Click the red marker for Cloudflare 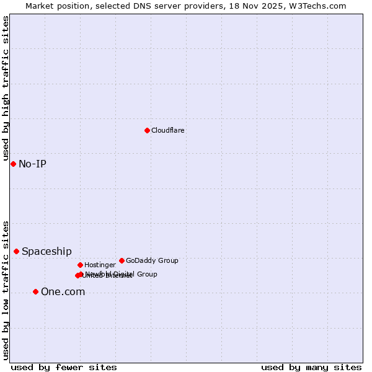tap(147, 130)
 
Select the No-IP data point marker tap(13, 164)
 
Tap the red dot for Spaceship tap(16, 251)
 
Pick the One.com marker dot tap(35, 291)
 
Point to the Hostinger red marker tap(80, 265)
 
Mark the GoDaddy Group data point tap(122, 260)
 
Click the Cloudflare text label tap(167, 130)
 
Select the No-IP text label tap(32, 164)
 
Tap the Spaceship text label tap(46, 251)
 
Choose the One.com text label tap(63, 291)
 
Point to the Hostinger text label tap(100, 265)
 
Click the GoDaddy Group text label tap(152, 260)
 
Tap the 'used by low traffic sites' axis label tap(6, 290)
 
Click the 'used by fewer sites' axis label tap(64, 367)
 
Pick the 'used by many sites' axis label tap(311, 367)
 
